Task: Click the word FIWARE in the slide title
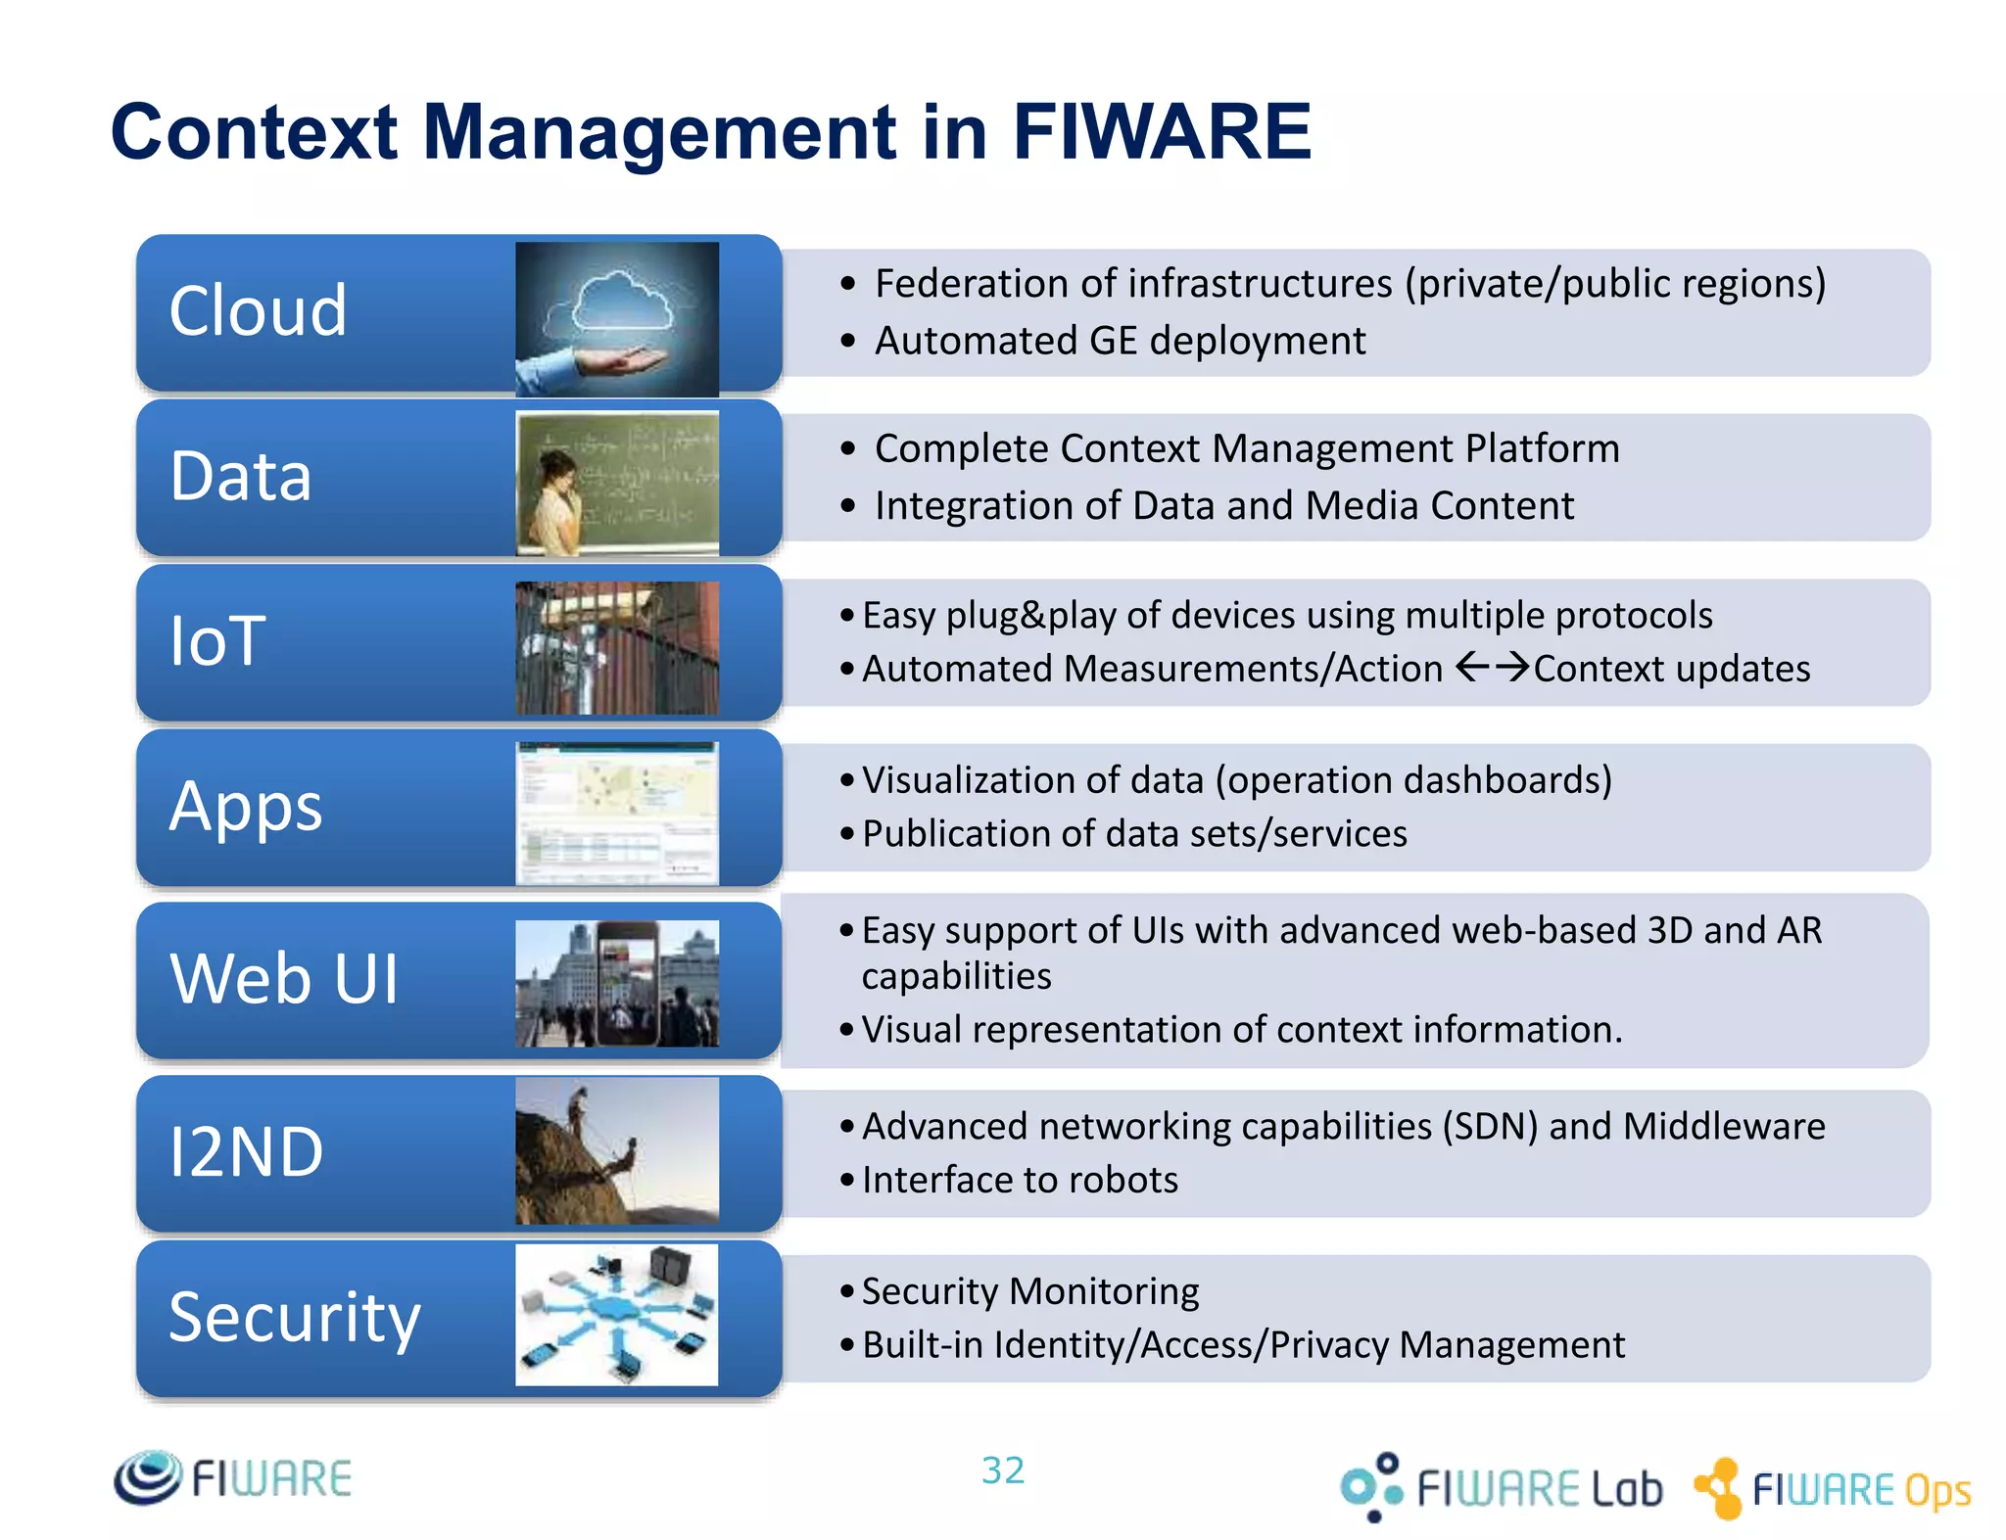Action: tap(1161, 132)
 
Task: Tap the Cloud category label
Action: tap(258, 311)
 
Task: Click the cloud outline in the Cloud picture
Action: tap(623, 302)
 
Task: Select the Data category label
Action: tap(241, 476)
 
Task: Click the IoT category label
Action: tap(217, 641)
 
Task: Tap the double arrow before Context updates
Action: tap(1492, 668)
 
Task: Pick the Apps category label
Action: tap(246, 807)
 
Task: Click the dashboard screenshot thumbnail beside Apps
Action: tap(617, 813)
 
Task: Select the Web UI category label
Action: tap(284, 978)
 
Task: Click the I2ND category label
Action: tap(246, 1151)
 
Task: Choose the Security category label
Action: tap(294, 1317)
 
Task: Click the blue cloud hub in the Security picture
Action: tap(614, 1309)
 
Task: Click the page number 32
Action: tap(1003, 1470)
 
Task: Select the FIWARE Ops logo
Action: tap(1833, 1489)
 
